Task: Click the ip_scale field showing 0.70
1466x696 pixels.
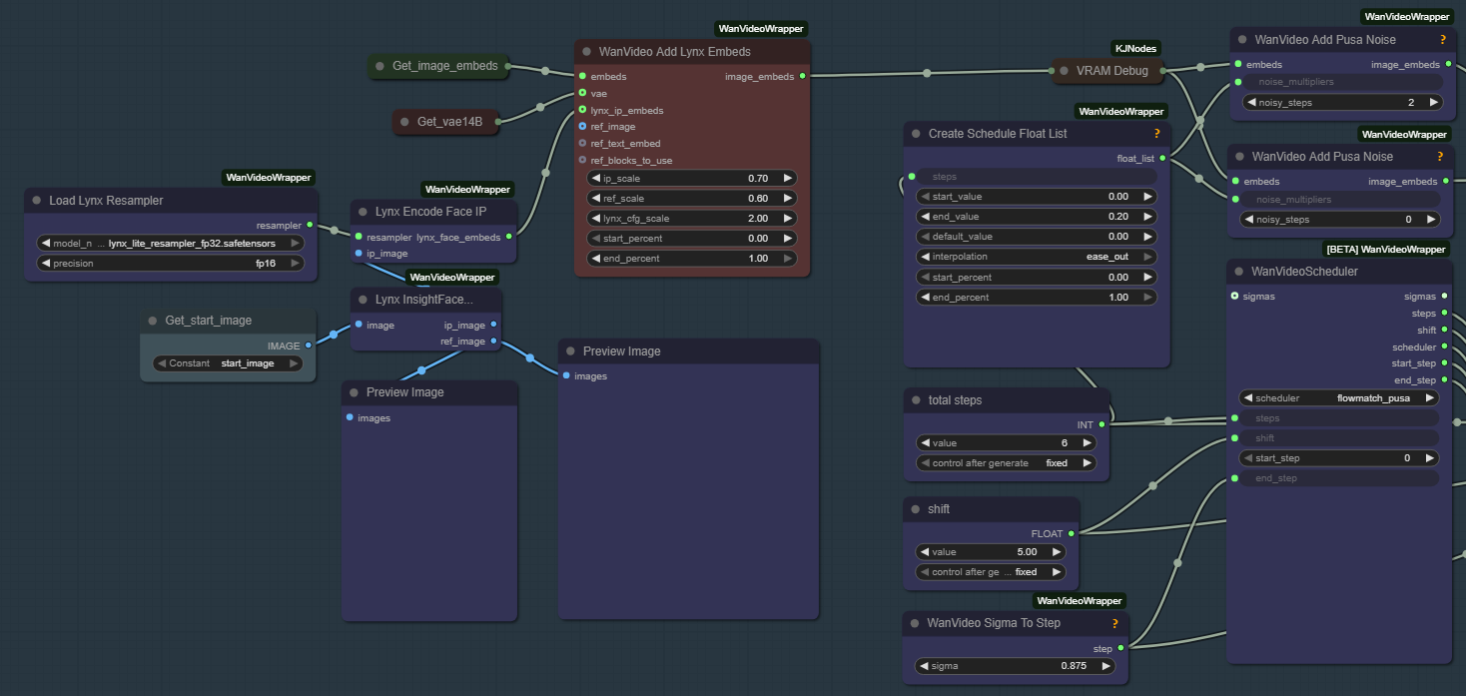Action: [x=692, y=178]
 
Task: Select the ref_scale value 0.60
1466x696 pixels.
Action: [x=692, y=198]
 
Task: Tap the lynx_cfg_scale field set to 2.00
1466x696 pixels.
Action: [x=692, y=219]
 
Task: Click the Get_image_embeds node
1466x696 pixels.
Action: [x=438, y=66]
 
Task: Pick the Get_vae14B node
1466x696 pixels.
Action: [x=445, y=122]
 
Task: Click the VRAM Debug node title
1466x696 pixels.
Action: [x=1111, y=71]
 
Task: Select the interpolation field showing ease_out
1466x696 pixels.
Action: [x=1036, y=257]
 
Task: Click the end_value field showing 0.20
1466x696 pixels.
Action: [x=1036, y=217]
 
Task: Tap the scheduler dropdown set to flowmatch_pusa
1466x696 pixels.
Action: [x=1339, y=397]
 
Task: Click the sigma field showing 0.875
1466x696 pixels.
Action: [x=1015, y=666]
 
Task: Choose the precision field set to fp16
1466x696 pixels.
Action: [x=170, y=263]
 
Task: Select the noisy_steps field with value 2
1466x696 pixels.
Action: [x=1342, y=103]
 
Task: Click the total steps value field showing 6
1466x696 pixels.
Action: [x=1006, y=442]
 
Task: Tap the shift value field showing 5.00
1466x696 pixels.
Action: [x=991, y=552]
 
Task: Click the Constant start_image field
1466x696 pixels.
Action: [x=228, y=363]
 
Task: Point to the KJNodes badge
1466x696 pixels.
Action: [x=1135, y=48]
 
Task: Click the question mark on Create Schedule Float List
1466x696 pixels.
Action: [x=1157, y=134]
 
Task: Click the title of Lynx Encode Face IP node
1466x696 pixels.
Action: [x=430, y=212]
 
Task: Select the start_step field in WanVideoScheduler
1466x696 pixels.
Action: [x=1339, y=458]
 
